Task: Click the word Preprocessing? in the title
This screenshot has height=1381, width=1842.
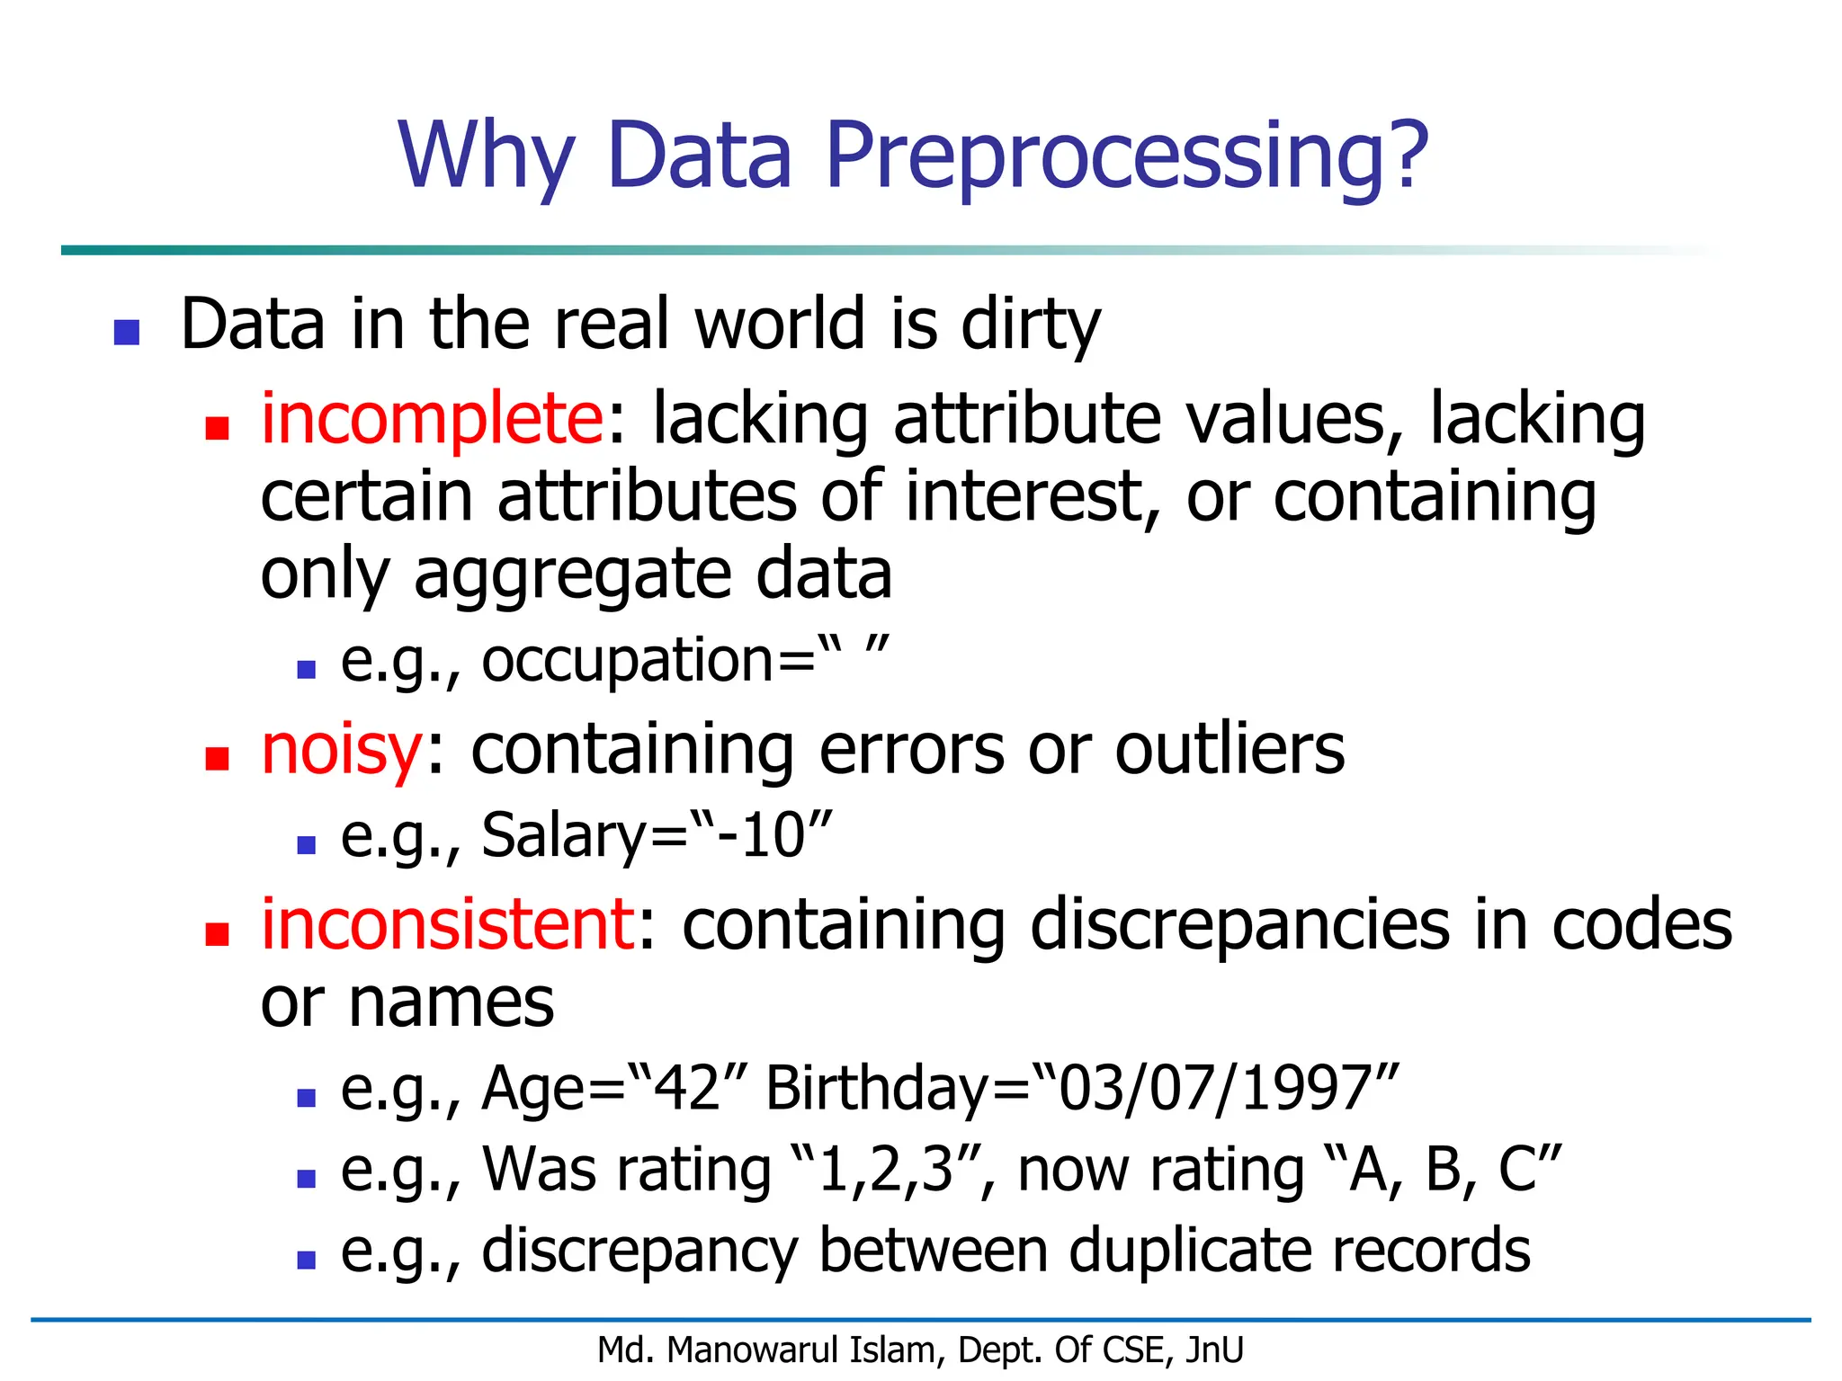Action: pos(1126,156)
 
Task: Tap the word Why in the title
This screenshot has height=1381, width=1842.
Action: pos(486,156)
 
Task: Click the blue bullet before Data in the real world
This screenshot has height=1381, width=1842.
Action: pos(127,333)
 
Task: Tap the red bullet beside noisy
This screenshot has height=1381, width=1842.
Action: pos(217,760)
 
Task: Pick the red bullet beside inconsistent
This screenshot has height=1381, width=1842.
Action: pos(217,934)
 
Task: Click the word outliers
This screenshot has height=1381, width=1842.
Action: pos(1229,750)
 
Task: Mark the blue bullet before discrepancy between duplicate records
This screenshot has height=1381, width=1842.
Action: pos(307,1261)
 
